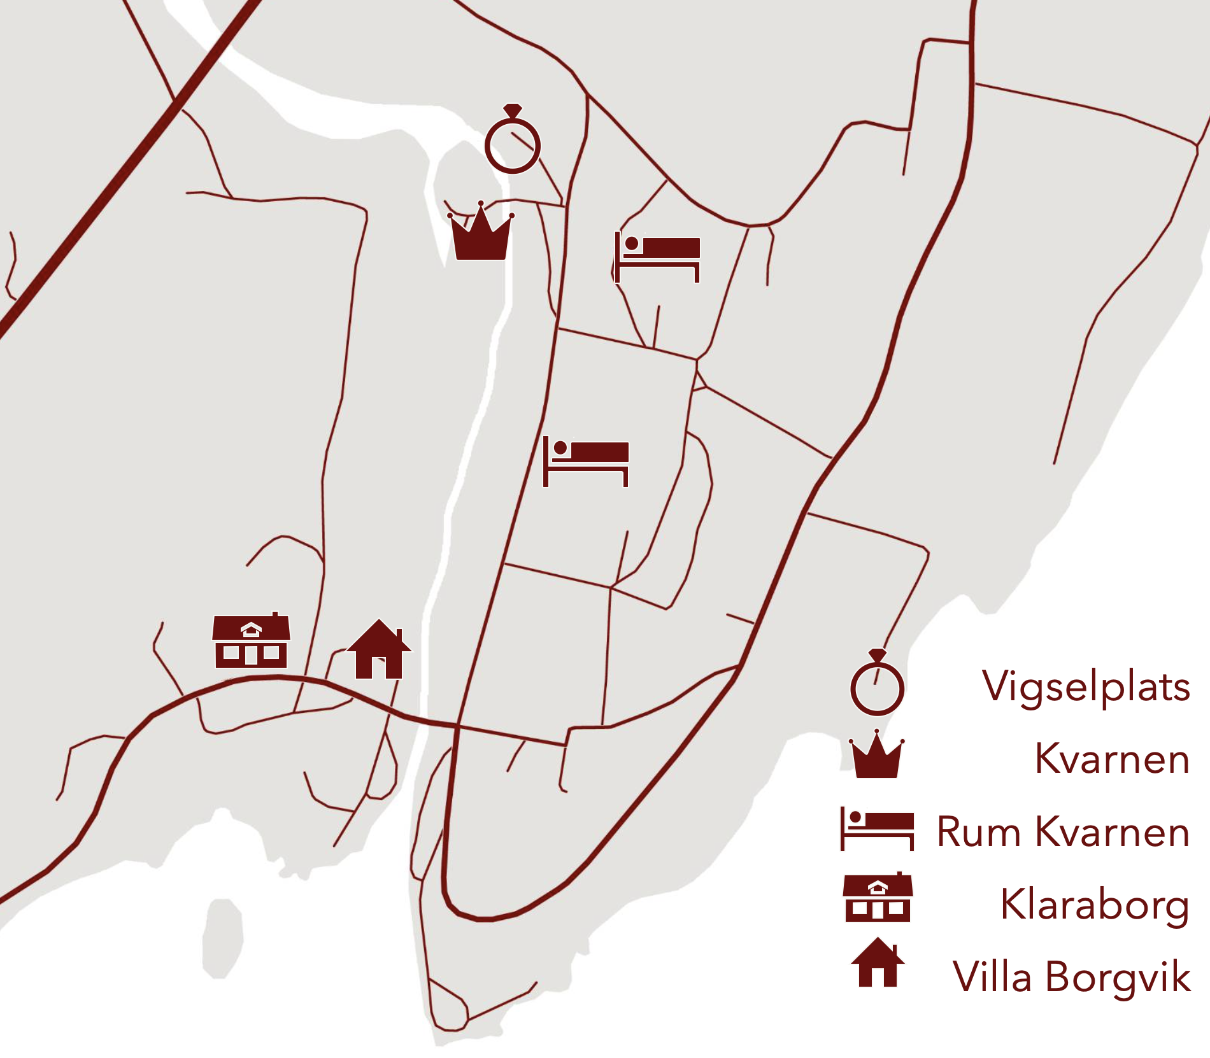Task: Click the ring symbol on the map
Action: pyautogui.click(x=512, y=145)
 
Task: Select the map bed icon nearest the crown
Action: pyautogui.click(x=657, y=256)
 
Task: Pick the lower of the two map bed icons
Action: pyautogui.click(x=586, y=461)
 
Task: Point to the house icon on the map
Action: pyautogui.click(x=379, y=651)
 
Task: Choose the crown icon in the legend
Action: pyautogui.click(x=876, y=756)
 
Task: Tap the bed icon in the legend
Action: pyautogui.click(x=877, y=829)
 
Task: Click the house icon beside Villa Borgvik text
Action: pyautogui.click(x=878, y=963)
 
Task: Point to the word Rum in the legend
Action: pyautogui.click(x=979, y=831)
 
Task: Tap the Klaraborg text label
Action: pyautogui.click(x=1095, y=905)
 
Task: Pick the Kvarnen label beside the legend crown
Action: pyautogui.click(x=1112, y=759)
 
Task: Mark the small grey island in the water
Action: pyautogui.click(x=222, y=938)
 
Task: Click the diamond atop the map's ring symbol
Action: pyautogui.click(x=513, y=111)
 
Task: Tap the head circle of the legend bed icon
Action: pyautogui.click(x=855, y=817)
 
